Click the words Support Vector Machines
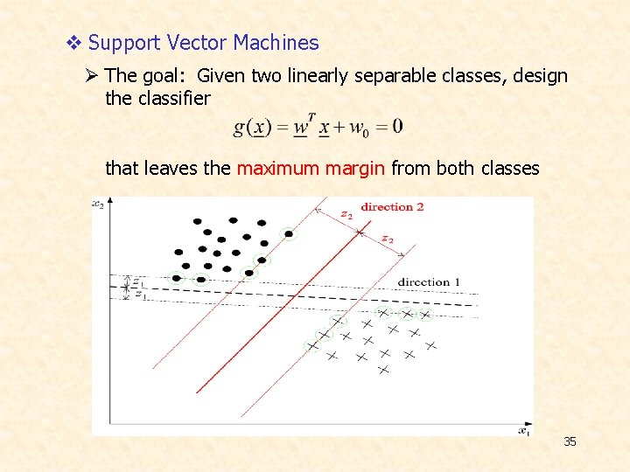[x=203, y=42]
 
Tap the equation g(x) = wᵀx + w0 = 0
[x=318, y=127]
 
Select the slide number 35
[x=570, y=442]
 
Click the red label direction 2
[x=392, y=207]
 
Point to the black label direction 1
[x=428, y=282]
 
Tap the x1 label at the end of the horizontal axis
[x=523, y=430]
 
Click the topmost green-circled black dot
[x=289, y=233]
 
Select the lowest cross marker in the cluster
[x=382, y=371]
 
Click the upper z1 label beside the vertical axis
[x=138, y=281]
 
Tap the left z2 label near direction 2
[x=346, y=214]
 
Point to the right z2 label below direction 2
[x=388, y=239]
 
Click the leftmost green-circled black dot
[x=178, y=278]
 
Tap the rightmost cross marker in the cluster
[x=430, y=345]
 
